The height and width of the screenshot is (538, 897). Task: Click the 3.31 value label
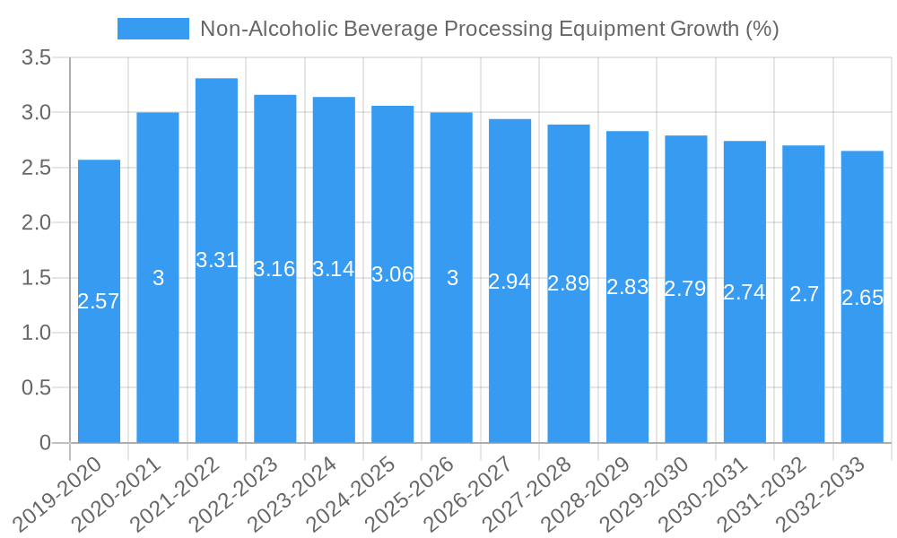[216, 260]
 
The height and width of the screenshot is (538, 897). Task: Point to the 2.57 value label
[99, 301]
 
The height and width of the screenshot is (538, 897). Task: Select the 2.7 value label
[804, 294]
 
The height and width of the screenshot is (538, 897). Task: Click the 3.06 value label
[393, 274]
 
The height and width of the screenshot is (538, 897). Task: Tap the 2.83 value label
[627, 287]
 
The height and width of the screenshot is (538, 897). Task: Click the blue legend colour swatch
[153, 29]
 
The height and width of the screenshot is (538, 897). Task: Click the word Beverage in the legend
[388, 29]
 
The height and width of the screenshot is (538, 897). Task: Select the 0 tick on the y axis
[46, 443]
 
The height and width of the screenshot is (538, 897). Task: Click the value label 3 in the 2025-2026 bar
[452, 278]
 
